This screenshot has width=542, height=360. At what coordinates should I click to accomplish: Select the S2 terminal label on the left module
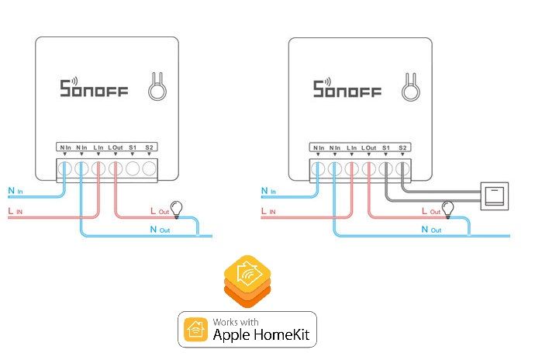click(149, 147)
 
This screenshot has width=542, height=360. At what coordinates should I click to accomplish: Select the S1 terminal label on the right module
click(385, 147)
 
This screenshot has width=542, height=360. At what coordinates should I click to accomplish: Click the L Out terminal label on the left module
click(116, 147)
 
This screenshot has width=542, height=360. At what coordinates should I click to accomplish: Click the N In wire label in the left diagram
click(16, 190)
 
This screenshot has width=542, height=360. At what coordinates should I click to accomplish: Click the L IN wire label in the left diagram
click(16, 210)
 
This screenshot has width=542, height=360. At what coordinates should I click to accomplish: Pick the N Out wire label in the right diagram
click(430, 230)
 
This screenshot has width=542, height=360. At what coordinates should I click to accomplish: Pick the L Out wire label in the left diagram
click(158, 210)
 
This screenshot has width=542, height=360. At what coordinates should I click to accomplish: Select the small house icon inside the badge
click(193, 330)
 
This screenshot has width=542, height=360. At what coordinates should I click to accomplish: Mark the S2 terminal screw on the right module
click(402, 166)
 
